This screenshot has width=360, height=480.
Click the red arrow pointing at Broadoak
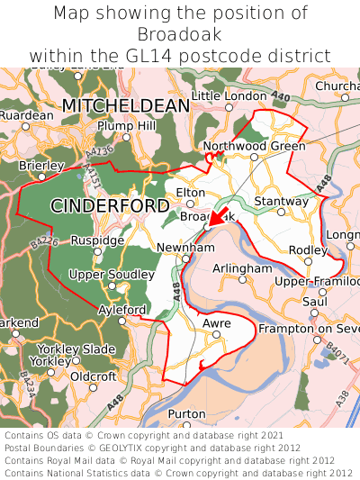(216, 218)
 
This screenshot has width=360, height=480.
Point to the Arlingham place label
(242, 268)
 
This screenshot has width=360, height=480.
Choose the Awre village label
(218, 322)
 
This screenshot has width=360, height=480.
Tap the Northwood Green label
(255, 145)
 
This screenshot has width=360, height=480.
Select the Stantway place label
(282, 200)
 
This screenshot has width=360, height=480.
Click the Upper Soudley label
(105, 274)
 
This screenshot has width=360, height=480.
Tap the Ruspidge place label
(98, 240)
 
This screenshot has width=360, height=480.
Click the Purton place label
(187, 413)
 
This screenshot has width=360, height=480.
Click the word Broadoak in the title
(180, 34)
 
